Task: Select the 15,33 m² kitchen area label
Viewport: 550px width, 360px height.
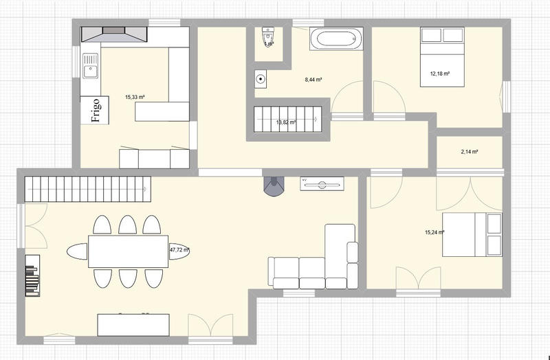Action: coord(135,98)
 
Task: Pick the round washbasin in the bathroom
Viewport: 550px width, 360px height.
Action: coord(261,78)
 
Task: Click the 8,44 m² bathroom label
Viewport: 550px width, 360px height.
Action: coord(313,80)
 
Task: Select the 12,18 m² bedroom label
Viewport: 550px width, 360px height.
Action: coord(440,74)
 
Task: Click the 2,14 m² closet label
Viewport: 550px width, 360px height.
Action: coord(469,152)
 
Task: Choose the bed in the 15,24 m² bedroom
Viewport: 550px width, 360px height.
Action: coord(472,234)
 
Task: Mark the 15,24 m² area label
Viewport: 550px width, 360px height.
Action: coord(434,233)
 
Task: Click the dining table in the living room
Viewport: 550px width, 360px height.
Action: coord(129,251)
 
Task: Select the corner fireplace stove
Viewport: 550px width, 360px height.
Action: coord(274,184)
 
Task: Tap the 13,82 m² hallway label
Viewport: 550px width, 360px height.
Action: coord(286,123)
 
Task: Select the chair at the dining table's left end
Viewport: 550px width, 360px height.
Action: coord(78,251)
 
